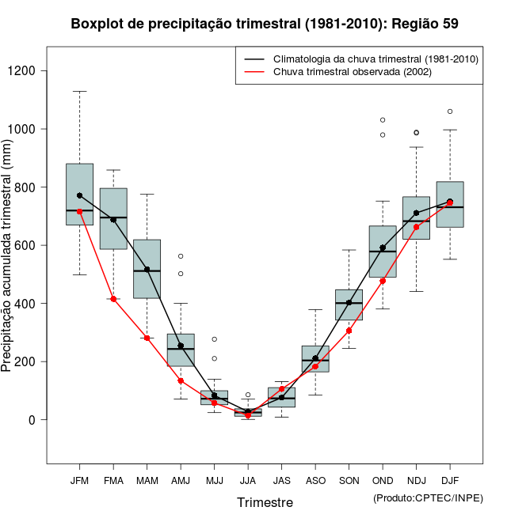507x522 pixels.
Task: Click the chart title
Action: [265, 24]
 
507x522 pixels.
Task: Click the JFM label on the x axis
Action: [79, 480]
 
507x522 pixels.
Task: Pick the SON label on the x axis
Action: [349, 480]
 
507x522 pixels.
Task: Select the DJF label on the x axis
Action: [450, 480]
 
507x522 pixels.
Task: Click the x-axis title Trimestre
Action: [265, 502]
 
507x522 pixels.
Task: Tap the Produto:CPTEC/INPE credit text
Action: [428, 497]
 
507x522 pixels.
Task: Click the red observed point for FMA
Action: [113, 299]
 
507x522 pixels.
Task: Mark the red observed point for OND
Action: [383, 281]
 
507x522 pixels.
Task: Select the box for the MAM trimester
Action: [147, 269]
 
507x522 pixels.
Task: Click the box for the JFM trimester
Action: [79, 194]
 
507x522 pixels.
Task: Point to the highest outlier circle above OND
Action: [383, 120]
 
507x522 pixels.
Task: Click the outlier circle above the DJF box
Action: [450, 112]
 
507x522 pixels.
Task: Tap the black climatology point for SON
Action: [349, 302]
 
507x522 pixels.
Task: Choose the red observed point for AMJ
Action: [181, 380]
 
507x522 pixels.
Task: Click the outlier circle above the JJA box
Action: [248, 395]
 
